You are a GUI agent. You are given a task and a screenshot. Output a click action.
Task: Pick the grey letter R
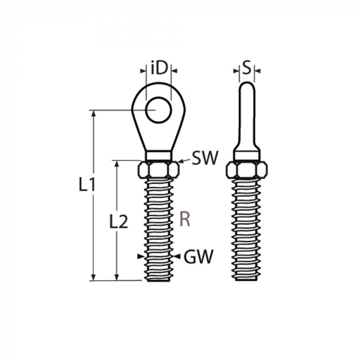[x=185, y=220]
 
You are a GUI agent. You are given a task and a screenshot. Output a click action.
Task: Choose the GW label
[x=199, y=257]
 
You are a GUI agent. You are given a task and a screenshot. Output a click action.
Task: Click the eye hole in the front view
[x=158, y=110]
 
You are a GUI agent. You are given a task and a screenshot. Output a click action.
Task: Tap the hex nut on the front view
[x=159, y=169]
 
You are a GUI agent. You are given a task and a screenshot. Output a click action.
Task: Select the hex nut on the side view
[x=247, y=169]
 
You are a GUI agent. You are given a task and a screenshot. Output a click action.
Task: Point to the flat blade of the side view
[x=247, y=113]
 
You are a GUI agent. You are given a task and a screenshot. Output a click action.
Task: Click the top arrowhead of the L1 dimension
[x=93, y=114]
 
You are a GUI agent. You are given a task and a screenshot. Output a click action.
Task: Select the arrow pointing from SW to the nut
[x=181, y=161]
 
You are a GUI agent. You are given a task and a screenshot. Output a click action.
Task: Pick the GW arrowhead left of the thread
[x=141, y=256]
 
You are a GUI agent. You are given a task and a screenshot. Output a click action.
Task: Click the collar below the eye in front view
[x=159, y=155]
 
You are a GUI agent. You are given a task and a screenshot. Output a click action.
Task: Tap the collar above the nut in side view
[x=247, y=155]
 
